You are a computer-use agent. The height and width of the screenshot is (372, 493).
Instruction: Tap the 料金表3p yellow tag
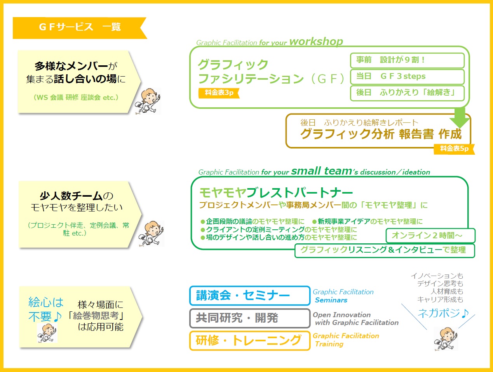(x=219, y=93)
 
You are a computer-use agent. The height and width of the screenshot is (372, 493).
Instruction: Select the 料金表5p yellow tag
(x=454, y=149)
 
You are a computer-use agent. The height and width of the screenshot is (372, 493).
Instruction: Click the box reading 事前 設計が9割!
(x=407, y=60)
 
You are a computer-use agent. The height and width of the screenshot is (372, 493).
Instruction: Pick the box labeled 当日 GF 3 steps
(x=407, y=77)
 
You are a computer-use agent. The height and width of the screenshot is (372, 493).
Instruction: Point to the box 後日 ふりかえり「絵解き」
(x=407, y=93)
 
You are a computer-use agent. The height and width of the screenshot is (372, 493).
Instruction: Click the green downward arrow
(x=459, y=118)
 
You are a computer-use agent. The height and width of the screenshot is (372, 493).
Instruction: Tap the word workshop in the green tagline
(x=316, y=42)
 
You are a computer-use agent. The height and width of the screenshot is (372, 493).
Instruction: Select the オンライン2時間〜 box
(x=430, y=236)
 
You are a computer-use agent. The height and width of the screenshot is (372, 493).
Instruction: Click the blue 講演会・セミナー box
(x=250, y=295)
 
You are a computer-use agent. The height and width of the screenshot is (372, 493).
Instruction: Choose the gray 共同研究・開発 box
(x=250, y=318)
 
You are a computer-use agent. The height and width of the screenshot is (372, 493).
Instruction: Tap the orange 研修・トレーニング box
(x=250, y=341)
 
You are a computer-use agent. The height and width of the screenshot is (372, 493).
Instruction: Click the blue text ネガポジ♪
(x=443, y=313)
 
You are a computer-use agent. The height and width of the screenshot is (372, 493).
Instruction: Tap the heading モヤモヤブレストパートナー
(x=276, y=193)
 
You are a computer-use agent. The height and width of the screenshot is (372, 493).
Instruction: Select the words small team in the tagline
(x=321, y=171)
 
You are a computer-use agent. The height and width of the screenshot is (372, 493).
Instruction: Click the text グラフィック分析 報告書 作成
(x=381, y=134)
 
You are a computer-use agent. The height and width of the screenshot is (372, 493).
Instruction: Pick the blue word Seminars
(x=331, y=300)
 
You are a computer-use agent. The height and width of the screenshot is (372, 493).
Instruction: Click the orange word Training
(x=329, y=344)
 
